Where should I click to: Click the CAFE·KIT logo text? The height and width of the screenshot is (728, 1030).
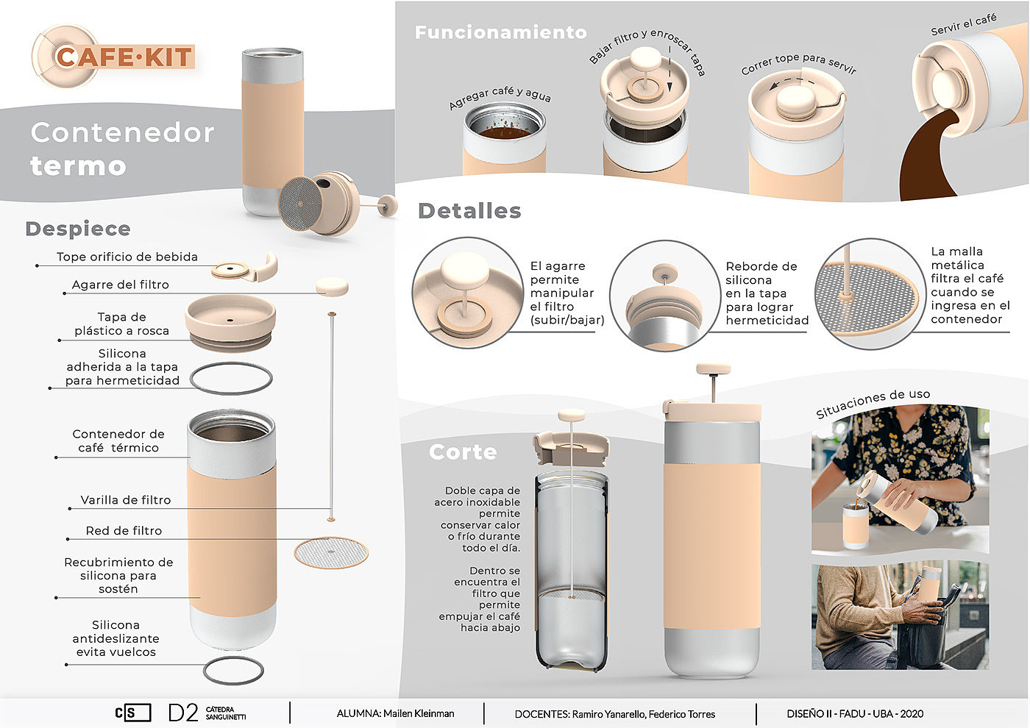[x=124, y=57]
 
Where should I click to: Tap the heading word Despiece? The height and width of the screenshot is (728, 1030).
[x=78, y=229]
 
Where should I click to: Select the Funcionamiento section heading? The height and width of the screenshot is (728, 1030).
[x=501, y=32]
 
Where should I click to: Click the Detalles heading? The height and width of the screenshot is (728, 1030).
[x=469, y=211]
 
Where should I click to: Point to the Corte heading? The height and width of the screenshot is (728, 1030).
[x=463, y=452]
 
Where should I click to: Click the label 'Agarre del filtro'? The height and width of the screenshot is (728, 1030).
[x=121, y=285]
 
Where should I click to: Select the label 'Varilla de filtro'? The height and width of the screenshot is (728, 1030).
[x=126, y=500]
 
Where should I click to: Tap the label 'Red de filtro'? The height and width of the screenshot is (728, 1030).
[x=124, y=531]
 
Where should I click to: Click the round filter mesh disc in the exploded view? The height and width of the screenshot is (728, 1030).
[x=331, y=552]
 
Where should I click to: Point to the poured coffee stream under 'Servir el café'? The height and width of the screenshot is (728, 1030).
[x=924, y=161]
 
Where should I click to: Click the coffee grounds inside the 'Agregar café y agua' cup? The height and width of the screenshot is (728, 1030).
[x=505, y=132]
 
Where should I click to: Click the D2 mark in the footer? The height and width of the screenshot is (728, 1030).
[x=183, y=713]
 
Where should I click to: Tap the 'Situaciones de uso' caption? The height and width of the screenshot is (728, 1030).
[x=873, y=404]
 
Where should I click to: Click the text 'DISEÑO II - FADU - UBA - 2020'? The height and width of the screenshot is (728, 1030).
[x=855, y=714]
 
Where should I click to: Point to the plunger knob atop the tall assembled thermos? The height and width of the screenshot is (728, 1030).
[x=713, y=368]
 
